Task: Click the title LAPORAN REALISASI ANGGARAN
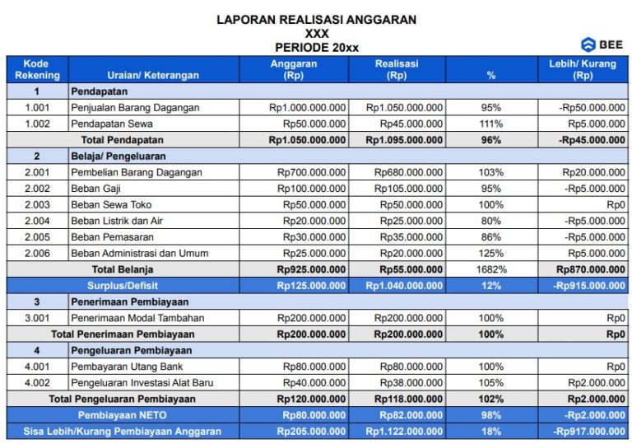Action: point(316,19)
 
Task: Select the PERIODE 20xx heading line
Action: point(316,48)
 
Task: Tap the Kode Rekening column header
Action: point(36,69)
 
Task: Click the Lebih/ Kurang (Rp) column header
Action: point(583,69)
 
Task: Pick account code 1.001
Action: point(36,108)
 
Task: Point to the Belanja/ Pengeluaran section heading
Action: point(118,156)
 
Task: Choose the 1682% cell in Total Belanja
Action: point(491,269)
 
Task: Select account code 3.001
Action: point(36,318)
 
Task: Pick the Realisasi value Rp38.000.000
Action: point(408,383)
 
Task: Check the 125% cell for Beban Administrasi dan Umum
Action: point(491,254)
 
